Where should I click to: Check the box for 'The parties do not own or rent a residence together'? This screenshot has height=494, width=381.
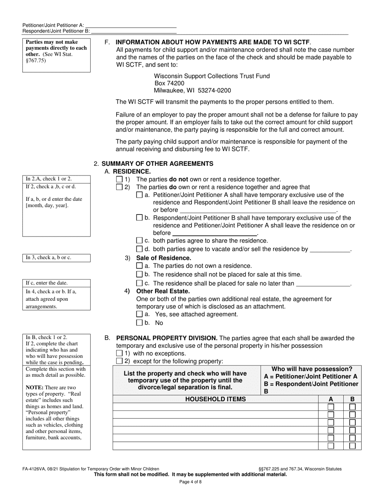(x=119, y=180)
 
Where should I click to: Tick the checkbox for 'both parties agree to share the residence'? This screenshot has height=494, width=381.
(x=139, y=241)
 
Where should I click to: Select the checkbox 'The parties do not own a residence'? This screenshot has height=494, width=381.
(x=139, y=266)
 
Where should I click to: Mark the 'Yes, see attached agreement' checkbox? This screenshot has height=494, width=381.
(x=139, y=314)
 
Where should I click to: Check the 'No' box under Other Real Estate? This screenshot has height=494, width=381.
(x=139, y=323)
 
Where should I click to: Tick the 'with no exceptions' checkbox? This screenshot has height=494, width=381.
(x=119, y=353)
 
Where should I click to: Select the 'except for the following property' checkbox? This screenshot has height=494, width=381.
(x=119, y=361)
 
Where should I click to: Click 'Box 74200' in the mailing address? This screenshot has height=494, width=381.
(x=169, y=83)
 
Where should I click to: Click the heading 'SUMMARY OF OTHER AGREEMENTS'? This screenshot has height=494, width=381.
(x=157, y=163)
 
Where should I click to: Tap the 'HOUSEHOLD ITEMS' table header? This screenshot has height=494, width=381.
(x=215, y=399)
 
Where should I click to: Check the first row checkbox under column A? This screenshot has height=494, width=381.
(x=331, y=407)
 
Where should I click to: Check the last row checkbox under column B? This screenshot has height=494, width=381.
(x=352, y=446)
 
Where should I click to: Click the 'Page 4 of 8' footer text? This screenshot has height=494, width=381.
(x=190, y=482)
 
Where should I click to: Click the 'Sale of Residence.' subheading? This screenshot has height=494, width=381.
(x=164, y=258)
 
